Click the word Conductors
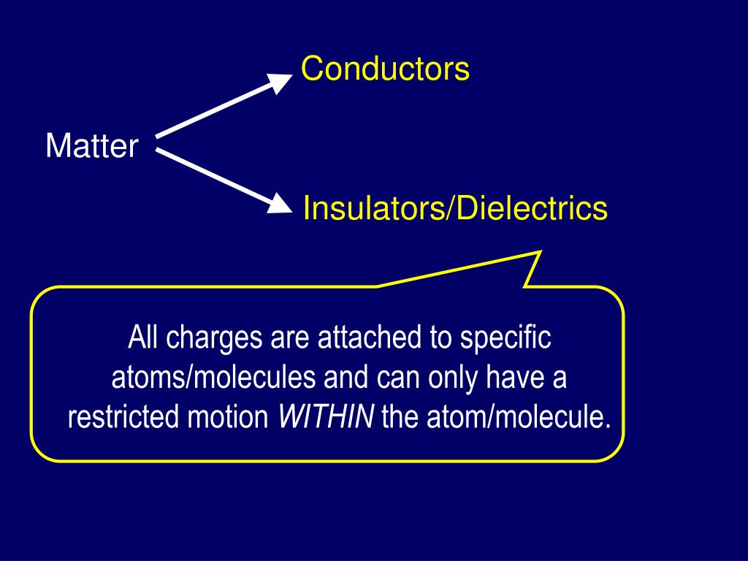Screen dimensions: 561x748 click(x=385, y=69)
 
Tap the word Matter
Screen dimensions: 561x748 click(x=91, y=146)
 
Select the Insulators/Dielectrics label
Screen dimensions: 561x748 click(x=455, y=209)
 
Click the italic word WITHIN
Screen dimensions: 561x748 click(x=327, y=418)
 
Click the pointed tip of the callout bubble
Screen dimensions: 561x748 click(x=539, y=253)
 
